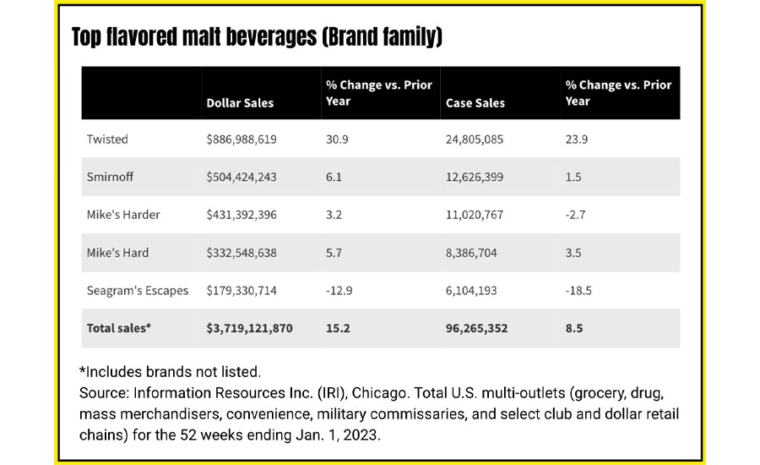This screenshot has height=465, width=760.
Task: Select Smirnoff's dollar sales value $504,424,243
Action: pos(242,177)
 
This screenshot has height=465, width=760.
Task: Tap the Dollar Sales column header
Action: pos(240,103)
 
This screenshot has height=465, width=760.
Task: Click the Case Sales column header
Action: pos(475,103)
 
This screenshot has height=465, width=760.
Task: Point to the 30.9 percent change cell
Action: pos(336,139)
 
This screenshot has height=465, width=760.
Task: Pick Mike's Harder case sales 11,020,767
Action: pos(474,215)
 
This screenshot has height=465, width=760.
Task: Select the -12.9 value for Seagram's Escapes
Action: pos(338,290)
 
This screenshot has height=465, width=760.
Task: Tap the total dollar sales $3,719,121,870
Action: pos(250,328)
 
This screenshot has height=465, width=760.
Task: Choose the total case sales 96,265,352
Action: pos(477,328)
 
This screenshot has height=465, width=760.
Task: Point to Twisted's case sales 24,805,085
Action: pos(474,139)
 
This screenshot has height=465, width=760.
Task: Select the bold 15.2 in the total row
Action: pos(336,328)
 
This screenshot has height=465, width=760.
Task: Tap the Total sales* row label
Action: pos(119,328)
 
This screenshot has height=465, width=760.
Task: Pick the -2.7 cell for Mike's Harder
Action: pos(574,215)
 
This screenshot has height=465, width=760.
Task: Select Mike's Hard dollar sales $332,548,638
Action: pos(242,253)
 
